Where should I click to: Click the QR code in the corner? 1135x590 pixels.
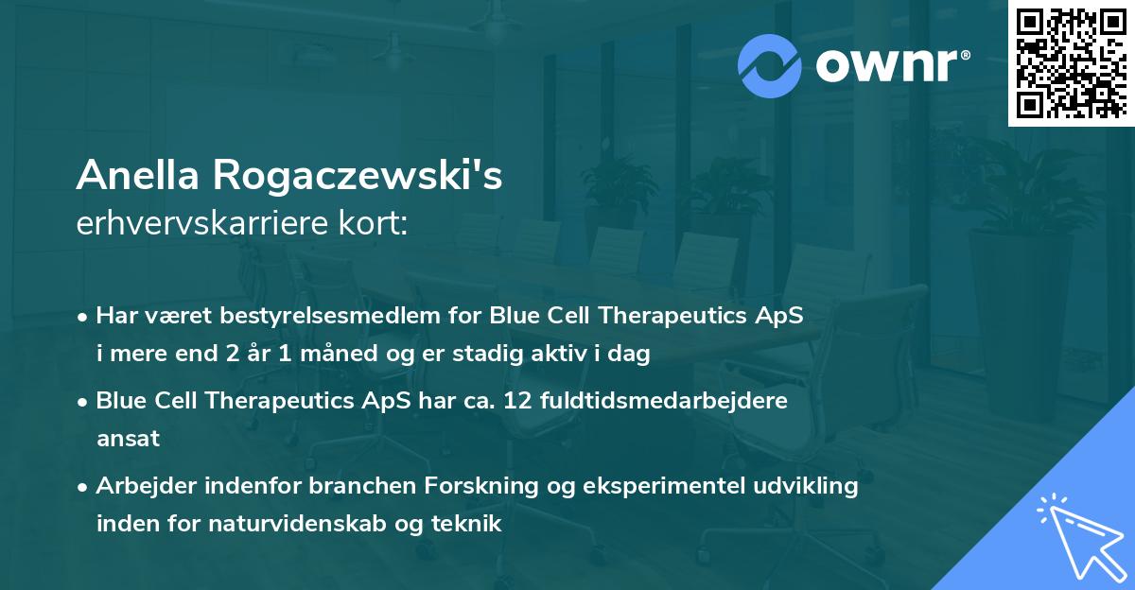(x=1069, y=62)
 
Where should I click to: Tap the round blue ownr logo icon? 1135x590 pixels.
(x=771, y=65)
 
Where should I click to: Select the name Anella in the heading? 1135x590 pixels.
(x=137, y=175)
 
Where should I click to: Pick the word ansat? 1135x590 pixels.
(x=128, y=439)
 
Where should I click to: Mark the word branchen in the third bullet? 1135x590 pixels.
(x=327, y=486)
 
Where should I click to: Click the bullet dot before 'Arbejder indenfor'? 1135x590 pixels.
(x=84, y=487)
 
